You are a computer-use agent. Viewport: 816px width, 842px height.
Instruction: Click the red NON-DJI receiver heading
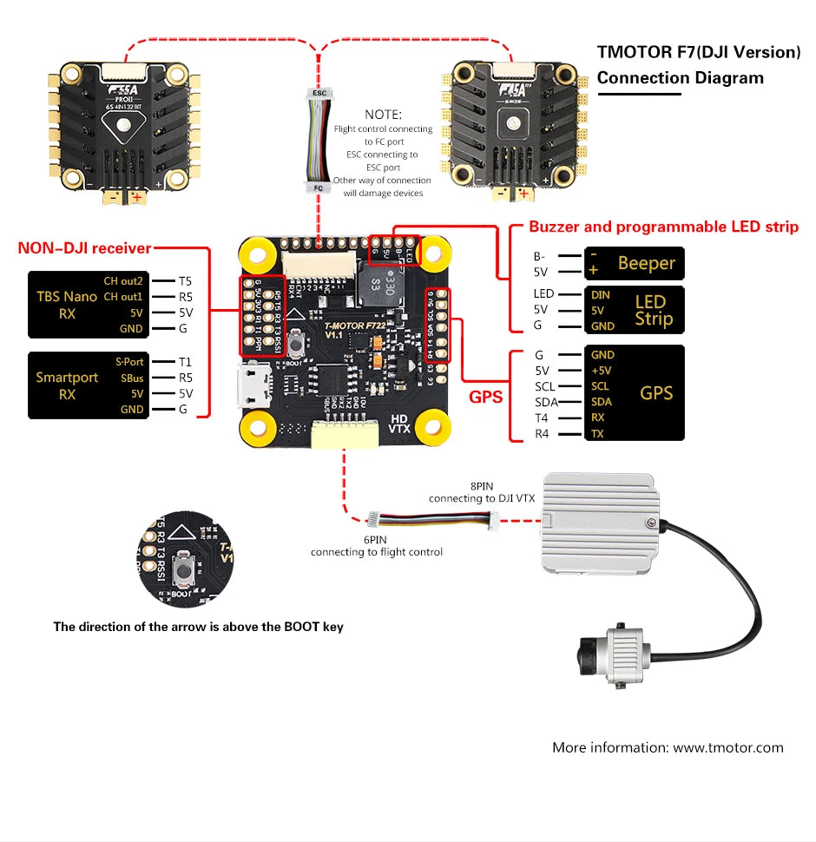[x=84, y=249]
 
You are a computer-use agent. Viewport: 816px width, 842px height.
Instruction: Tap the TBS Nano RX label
[x=67, y=305]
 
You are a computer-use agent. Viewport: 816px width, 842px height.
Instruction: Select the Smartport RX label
[x=67, y=385]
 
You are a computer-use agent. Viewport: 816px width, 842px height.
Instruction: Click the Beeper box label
[x=646, y=263]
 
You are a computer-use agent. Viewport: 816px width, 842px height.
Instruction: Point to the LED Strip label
[x=651, y=310]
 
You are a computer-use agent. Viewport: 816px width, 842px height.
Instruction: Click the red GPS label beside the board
[x=486, y=397]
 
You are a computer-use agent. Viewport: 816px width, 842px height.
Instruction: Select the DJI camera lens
[x=581, y=650]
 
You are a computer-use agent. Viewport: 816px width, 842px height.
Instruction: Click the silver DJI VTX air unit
[x=596, y=524]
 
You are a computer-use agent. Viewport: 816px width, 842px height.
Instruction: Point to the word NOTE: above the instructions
[x=383, y=115]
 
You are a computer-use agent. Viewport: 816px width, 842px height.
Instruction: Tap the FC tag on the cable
[x=319, y=186]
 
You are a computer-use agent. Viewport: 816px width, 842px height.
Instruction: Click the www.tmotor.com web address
[x=728, y=747]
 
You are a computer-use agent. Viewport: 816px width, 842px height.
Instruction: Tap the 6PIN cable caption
[x=376, y=545]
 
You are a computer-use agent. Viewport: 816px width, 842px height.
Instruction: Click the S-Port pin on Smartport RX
[x=129, y=362]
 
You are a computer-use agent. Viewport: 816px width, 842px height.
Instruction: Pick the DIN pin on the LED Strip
[x=600, y=295]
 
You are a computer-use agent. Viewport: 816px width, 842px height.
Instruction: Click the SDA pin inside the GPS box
[x=601, y=402]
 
